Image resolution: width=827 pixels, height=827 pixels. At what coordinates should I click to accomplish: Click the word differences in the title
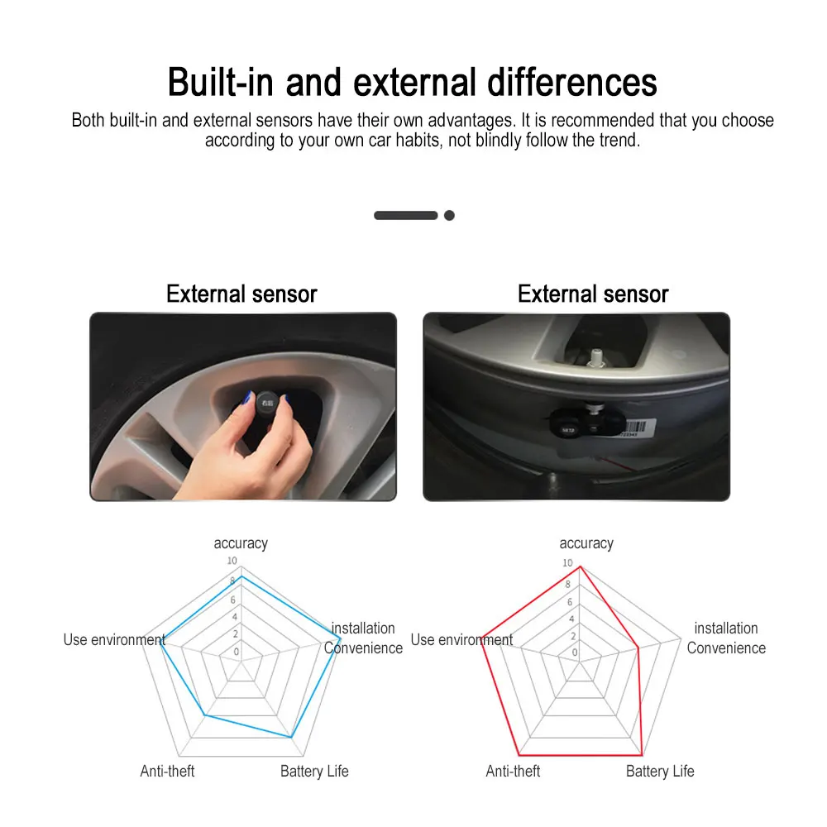pos(572,82)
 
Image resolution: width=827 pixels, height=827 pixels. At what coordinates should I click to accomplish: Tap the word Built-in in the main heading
pos(221,82)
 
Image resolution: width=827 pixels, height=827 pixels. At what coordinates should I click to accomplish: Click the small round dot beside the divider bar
pos(449,215)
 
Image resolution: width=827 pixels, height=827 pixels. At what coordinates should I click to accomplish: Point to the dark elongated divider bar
pos(405,215)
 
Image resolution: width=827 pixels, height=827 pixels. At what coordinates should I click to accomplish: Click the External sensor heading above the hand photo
pos(241,294)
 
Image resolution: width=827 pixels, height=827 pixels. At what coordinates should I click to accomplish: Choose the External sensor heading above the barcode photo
pos(593,294)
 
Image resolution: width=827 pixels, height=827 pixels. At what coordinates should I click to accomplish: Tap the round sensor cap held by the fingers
pos(267,404)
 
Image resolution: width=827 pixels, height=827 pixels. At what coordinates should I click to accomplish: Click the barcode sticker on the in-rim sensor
pos(638,428)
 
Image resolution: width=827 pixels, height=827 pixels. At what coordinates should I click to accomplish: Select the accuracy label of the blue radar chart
pos(241,543)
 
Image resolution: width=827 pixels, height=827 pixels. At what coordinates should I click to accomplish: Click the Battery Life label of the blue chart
pos(314,771)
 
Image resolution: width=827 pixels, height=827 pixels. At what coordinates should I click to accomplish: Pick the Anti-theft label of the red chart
pos(513,771)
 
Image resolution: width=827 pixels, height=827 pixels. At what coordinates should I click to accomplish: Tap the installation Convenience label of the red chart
pos(726,638)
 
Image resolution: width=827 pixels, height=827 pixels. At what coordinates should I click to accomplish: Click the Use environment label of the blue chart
pos(114,640)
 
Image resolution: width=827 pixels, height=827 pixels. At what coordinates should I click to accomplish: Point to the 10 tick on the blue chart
pos(232,561)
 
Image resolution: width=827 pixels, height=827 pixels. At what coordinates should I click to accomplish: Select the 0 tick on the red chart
pos(575,653)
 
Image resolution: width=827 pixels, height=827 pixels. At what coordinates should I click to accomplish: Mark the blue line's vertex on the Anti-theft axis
pos(204,715)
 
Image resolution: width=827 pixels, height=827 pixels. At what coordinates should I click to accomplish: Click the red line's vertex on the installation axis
pos(638,648)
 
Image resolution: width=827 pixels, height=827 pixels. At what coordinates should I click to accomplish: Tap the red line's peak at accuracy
pos(581,567)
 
